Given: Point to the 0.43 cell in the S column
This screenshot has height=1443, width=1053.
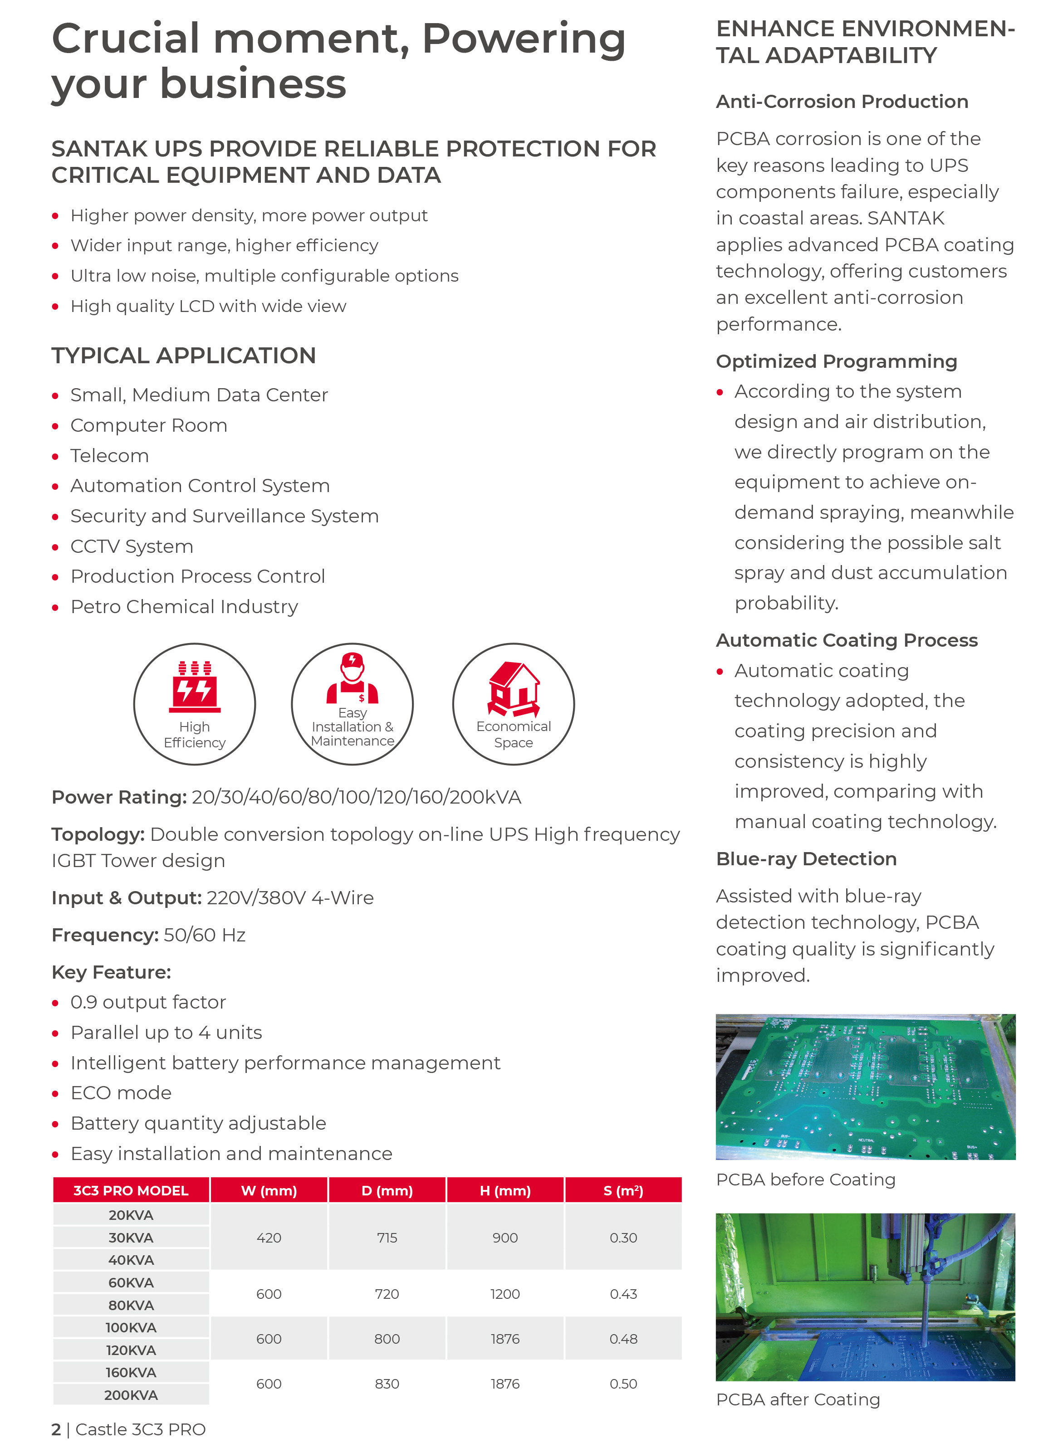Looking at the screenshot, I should pyautogui.click(x=623, y=1293).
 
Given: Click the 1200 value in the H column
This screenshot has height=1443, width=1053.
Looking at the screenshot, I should pyautogui.click(x=505, y=1293).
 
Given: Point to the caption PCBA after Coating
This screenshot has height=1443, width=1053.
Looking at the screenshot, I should pyautogui.click(x=798, y=1399).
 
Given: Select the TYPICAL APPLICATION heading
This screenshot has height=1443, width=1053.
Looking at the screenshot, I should pyautogui.click(x=184, y=356).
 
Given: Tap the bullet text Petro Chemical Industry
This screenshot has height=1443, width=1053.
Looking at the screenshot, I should pyautogui.click(x=184, y=606).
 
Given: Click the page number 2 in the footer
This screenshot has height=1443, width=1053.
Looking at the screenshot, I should pyautogui.click(x=56, y=1429).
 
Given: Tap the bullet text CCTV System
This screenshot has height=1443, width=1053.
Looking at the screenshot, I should pyautogui.click(x=132, y=546).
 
